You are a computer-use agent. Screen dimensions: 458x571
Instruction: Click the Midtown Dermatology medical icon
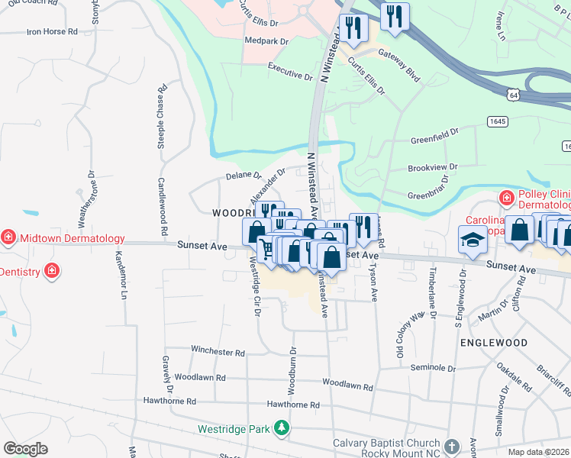pos(8,237)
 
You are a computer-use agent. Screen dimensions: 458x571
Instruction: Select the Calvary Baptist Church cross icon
pos(451,446)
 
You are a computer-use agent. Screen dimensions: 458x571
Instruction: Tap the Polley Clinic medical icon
pos(505,198)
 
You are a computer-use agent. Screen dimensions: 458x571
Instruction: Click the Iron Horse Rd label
pos(52,32)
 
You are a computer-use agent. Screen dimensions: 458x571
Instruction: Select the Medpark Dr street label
pos(266,40)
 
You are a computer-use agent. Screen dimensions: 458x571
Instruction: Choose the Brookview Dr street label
pos(432,166)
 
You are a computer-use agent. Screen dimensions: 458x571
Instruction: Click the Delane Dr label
pos(244,176)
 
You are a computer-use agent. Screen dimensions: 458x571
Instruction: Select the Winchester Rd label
pos(218,353)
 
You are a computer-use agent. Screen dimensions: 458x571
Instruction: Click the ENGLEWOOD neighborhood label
pos(494,343)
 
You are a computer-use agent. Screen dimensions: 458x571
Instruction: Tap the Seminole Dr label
pos(432,368)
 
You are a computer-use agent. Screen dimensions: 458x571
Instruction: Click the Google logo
pos(26,449)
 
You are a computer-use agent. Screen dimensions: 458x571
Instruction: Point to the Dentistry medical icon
pos(51,270)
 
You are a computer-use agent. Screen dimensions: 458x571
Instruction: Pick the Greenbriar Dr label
pos(431,192)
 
